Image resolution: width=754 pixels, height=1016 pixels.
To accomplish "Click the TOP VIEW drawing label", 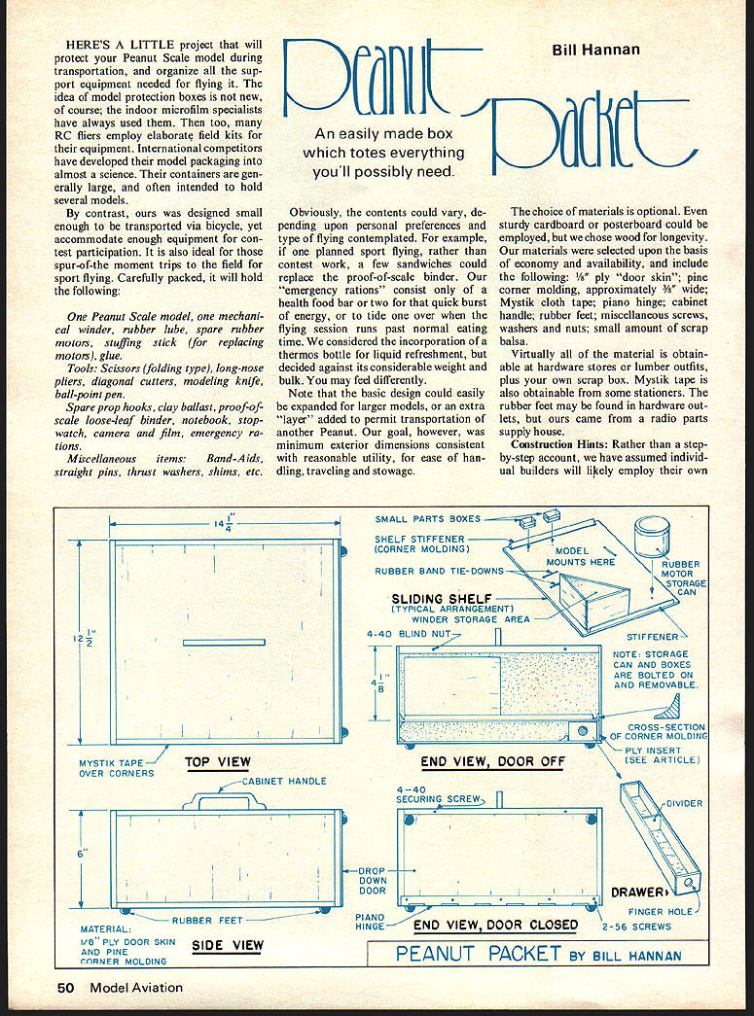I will click(x=218, y=762).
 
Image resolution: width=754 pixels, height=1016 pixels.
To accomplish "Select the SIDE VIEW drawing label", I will click(x=228, y=945).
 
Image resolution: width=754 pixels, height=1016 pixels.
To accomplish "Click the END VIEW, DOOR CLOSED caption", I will click(x=495, y=925).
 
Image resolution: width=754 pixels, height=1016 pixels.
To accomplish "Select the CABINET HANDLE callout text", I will click(x=283, y=781).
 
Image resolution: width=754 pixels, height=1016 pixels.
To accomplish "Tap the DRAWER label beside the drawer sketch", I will click(x=638, y=892).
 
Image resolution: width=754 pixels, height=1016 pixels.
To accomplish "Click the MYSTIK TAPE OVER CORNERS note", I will click(x=116, y=768).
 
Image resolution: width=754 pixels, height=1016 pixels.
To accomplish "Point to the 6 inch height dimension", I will click(x=86, y=853).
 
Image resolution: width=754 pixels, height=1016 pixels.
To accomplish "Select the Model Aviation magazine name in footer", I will click(x=135, y=988).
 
